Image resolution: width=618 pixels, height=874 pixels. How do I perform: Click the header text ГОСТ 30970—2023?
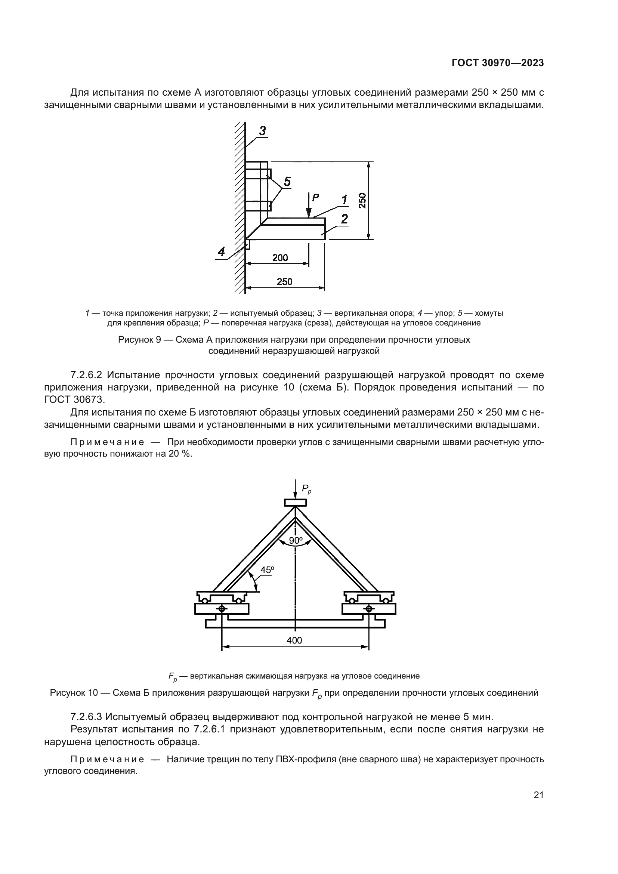click(497, 63)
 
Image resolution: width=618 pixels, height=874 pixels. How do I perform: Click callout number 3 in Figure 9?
click(262, 131)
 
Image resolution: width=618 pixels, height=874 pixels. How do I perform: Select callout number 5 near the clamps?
click(287, 182)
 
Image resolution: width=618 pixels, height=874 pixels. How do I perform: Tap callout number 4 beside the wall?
click(221, 251)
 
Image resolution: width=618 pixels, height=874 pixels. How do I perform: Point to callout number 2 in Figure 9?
click(344, 219)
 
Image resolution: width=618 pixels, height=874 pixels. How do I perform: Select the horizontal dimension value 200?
click(280, 258)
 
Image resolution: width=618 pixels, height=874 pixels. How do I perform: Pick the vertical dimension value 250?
click(362, 201)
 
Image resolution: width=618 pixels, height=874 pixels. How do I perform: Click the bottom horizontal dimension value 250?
click(284, 282)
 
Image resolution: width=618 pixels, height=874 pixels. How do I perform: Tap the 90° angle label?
click(295, 540)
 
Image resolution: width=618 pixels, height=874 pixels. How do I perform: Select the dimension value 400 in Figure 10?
click(294, 640)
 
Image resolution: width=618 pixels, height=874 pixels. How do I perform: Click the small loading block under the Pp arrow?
click(295, 503)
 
